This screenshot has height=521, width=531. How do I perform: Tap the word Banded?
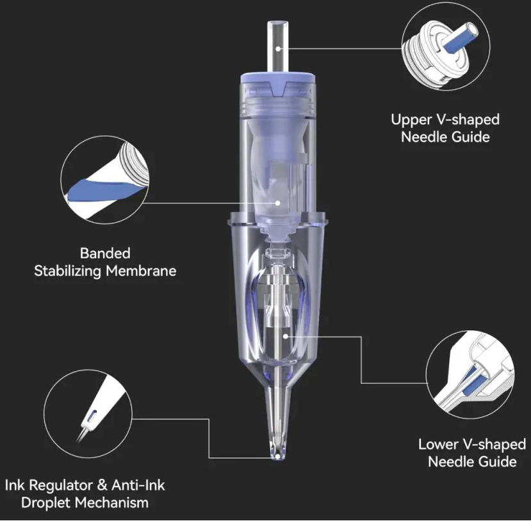(x=105, y=253)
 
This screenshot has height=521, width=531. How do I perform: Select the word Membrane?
(x=141, y=271)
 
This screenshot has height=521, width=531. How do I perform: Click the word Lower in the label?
(x=438, y=445)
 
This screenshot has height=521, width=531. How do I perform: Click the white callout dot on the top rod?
(x=278, y=49)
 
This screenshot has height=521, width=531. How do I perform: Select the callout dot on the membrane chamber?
(x=278, y=203)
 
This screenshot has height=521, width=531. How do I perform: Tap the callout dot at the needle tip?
(x=278, y=457)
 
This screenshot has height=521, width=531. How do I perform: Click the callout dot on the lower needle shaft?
(x=286, y=336)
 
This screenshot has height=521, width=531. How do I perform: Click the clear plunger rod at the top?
(x=278, y=46)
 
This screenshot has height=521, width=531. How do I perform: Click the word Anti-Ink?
(x=138, y=485)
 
